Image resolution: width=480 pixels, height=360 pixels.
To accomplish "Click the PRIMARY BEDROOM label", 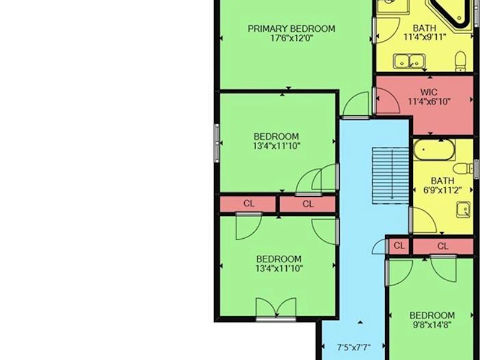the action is (291, 29).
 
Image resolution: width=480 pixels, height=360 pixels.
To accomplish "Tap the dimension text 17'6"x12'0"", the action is (292, 38).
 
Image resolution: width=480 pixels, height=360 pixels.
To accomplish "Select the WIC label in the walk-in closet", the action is (429, 92).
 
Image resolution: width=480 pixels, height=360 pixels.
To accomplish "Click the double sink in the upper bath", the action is (409, 61).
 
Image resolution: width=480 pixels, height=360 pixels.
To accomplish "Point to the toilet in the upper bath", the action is (460, 61).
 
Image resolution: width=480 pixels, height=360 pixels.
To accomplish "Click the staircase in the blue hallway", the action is (391, 176).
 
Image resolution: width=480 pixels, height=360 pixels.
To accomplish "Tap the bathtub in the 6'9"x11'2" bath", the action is (434, 150).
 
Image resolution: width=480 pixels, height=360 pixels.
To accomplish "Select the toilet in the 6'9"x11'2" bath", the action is (463, 169).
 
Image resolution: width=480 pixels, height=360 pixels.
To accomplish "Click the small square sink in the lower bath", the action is (463, 209).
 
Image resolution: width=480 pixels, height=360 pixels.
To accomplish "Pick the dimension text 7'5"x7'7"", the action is (353, 347).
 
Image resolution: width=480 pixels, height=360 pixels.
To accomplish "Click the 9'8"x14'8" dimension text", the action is (432, 325).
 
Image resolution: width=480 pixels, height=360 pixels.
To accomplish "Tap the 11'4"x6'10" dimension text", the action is (429, 101).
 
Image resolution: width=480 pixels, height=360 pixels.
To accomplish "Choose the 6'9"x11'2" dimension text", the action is (442, 190).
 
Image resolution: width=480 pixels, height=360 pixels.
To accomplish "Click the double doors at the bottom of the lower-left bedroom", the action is (276, 308).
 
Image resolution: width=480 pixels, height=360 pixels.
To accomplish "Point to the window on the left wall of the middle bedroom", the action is (217, 143).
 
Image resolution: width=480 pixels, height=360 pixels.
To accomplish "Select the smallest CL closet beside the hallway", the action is (399, 245).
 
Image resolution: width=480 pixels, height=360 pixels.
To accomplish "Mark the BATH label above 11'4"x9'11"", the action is (425, 28).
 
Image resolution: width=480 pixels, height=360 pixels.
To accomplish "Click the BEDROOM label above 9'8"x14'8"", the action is (432, 316).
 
